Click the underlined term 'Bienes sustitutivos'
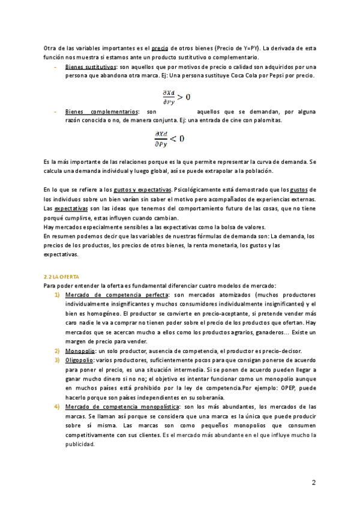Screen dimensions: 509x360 (x=91, y=67)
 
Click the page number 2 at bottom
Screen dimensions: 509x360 (x=313, y=482)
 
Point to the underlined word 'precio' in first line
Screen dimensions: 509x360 (x=160, y=48)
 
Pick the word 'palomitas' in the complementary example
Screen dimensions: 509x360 (x=266, y=120)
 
